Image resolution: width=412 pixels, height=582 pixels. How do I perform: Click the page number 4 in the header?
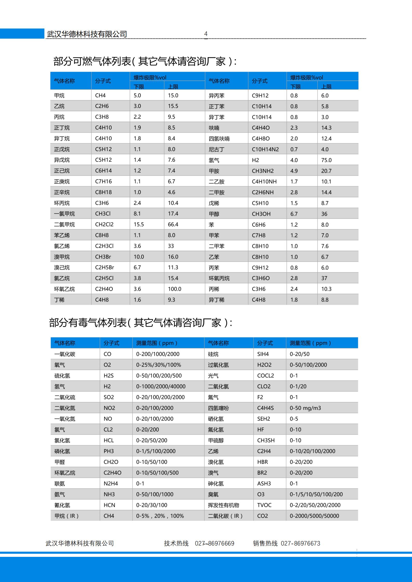coord(206,34)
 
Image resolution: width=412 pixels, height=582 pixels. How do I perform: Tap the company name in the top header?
coord(87,34)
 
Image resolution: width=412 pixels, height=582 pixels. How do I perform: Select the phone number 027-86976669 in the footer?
coord(214,543)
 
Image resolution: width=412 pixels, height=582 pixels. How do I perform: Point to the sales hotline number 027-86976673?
coord(300,543)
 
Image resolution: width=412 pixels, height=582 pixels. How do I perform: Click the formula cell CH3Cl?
coord(103,214)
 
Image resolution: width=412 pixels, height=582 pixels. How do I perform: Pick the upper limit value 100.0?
coord(174,289)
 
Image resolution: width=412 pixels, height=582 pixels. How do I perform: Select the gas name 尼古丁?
coord(217,150)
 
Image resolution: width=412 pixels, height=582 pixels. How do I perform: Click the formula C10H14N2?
coord(265,149)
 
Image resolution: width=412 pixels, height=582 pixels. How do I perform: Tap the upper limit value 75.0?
coord(326,160)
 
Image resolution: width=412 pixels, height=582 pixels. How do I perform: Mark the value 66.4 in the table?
coord(173,225)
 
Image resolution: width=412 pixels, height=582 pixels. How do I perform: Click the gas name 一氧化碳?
coord(65,354)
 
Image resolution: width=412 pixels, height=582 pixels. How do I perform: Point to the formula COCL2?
coord(266,376)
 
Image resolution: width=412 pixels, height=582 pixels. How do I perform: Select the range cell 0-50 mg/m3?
coord(305,408)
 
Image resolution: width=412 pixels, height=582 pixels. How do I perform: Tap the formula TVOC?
coord(264,505)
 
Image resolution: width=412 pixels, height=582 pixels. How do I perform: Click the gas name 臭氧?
coord(213,494)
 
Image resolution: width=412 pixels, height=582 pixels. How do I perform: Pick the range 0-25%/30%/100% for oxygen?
coord(159,365)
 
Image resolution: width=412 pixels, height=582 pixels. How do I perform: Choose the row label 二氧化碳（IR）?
coord(225,516)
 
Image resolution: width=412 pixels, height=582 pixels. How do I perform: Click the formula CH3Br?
coord(103,257)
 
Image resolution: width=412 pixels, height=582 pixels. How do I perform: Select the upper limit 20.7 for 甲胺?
coord(326,171)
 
